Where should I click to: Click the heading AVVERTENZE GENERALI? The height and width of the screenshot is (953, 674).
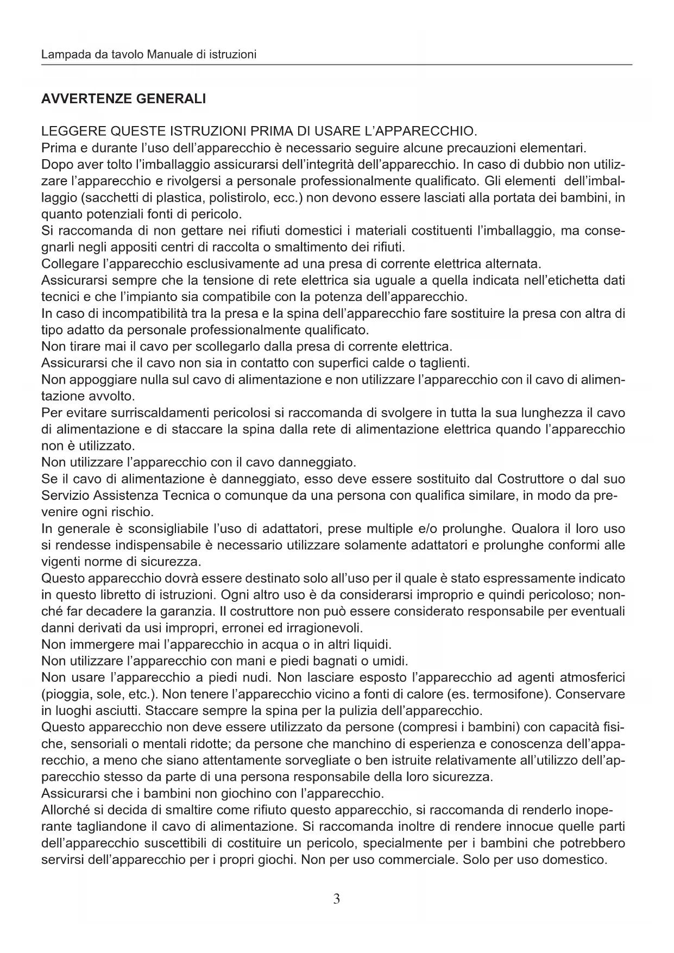(123, 99)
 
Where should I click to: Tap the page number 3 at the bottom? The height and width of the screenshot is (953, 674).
(337, 899)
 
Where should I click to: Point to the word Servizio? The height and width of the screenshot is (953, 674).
(65, 496)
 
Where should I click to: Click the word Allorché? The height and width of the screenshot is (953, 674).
(65, 810)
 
